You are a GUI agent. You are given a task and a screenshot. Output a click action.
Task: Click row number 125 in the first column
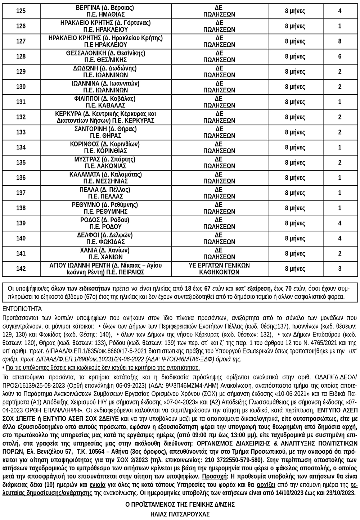click(21, 11)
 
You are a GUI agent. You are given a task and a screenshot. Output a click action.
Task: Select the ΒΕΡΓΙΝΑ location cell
click(105, 11)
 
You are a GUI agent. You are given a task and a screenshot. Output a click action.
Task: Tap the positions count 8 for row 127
click(339, 41)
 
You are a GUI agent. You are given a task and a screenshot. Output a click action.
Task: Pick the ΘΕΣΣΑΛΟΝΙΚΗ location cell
click(105, 56)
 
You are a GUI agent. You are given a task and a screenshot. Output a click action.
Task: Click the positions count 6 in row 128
click(339, 56)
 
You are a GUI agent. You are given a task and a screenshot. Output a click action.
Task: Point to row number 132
click(21, 117)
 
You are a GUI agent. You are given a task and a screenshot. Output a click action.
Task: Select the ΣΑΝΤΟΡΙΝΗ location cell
click(105, 132)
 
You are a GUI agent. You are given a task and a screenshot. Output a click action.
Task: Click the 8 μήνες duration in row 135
click(295, 163)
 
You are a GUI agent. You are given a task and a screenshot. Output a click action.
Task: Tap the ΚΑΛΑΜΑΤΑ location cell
click(105, 178)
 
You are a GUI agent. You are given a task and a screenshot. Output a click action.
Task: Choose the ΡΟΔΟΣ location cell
click(105, 223)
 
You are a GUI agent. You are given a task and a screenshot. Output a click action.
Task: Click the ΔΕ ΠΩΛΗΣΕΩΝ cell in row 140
click(219, 238)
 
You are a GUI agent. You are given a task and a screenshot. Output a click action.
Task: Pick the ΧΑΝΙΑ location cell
click(105, 253)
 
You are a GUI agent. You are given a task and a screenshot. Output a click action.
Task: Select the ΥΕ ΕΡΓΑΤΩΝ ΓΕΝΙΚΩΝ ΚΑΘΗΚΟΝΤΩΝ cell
click(219, 269)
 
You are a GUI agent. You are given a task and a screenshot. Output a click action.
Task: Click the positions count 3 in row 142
click(339, 269)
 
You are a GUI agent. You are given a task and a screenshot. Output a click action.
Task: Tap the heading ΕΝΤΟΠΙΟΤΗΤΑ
click(22, 309)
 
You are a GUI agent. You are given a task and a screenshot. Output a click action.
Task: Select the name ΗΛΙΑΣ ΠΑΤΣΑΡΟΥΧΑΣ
click(180, 514)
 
